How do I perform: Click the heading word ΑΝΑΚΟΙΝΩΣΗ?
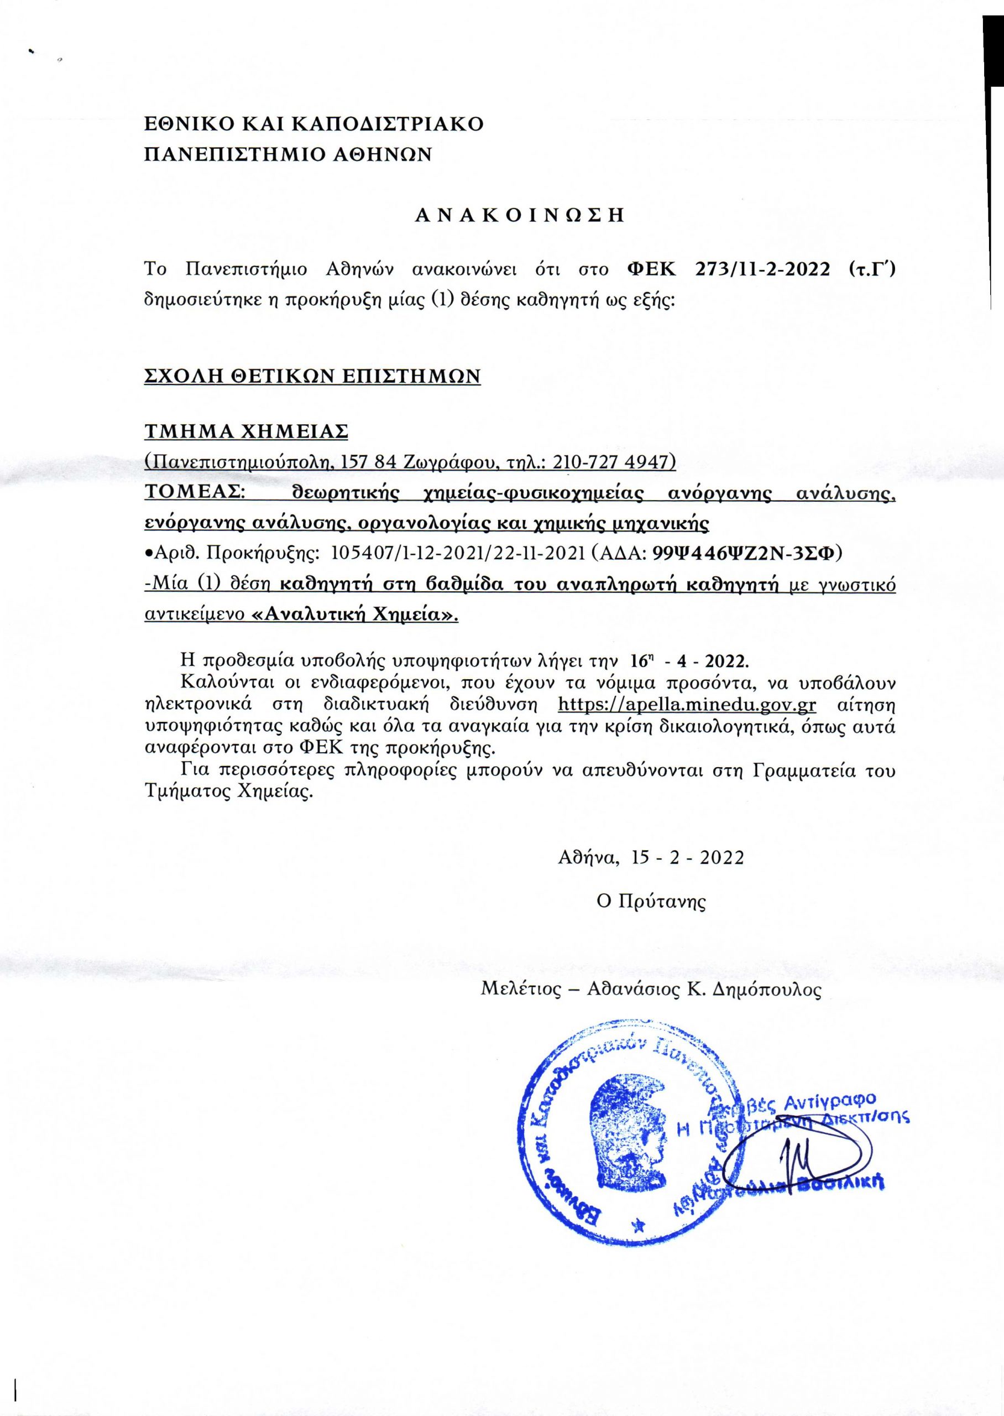(519, 215)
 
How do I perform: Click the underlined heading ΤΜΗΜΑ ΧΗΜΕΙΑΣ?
(246, 431)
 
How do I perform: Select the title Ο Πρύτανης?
(650, 901)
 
